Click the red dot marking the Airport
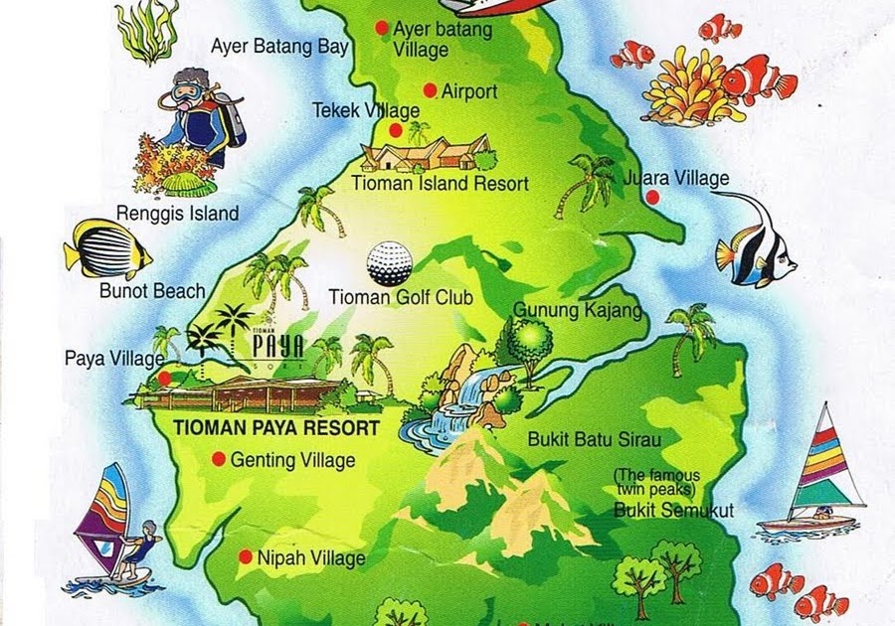[x=430, y=90]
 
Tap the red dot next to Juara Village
[x=652, y=197]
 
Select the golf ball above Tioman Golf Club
[x=389, y=262]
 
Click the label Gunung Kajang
[x=578, y=311]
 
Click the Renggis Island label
[x=177, y=213]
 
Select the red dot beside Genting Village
[x=219, y=459]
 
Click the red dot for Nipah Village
[x=246, y=557]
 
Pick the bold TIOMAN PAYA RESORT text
[x=276, y=429]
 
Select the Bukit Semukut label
[x=673, y=511]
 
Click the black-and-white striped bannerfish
[x=756, y=241]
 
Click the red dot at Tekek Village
[x=396, y=130]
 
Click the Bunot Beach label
[x=152, y=291]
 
